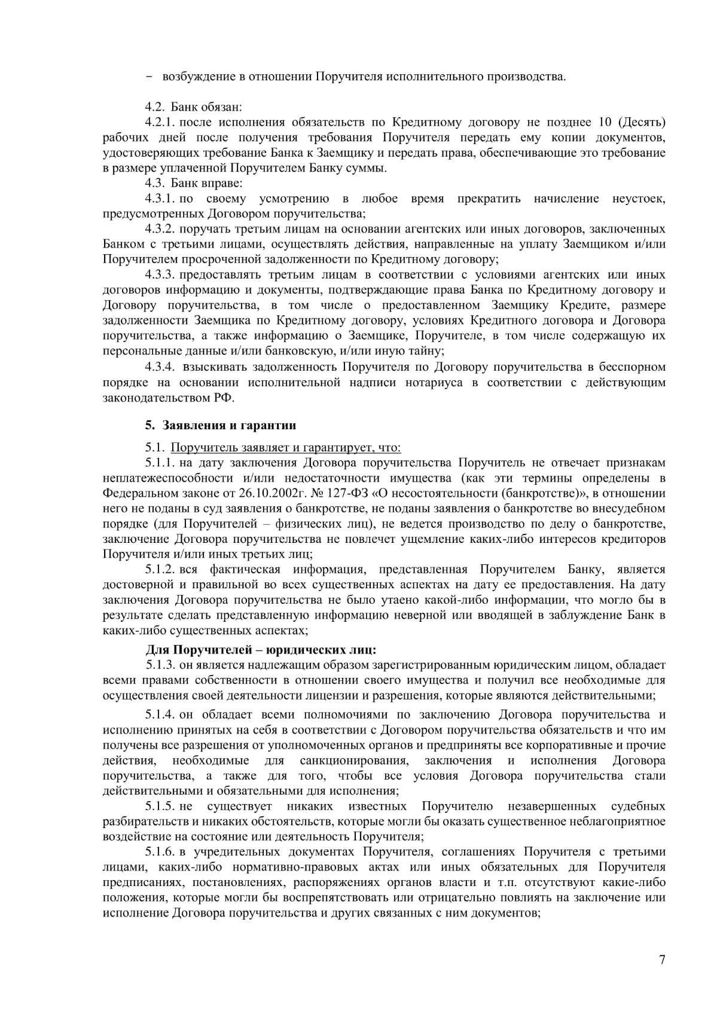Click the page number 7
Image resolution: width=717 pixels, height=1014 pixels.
(661, 960)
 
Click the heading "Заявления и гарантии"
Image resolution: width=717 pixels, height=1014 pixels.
(228, 426)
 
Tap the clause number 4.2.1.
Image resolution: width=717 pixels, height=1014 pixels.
(160, 123)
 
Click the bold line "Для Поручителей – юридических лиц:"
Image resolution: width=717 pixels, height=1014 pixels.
(261, 650)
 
